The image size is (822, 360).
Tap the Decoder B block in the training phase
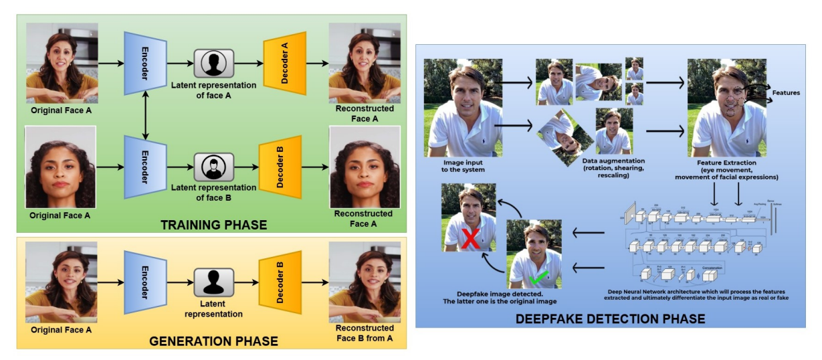point(280,167)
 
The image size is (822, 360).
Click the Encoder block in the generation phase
point(145,281)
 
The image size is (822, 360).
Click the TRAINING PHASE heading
point(213,225)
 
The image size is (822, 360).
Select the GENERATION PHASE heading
point(213,341)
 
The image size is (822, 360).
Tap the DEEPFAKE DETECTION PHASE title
point(610,319)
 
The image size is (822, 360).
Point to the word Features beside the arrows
point(786,93)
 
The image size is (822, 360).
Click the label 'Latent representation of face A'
point(214,90)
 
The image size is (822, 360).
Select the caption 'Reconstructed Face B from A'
point(364,333)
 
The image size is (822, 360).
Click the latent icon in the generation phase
point(213,281)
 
